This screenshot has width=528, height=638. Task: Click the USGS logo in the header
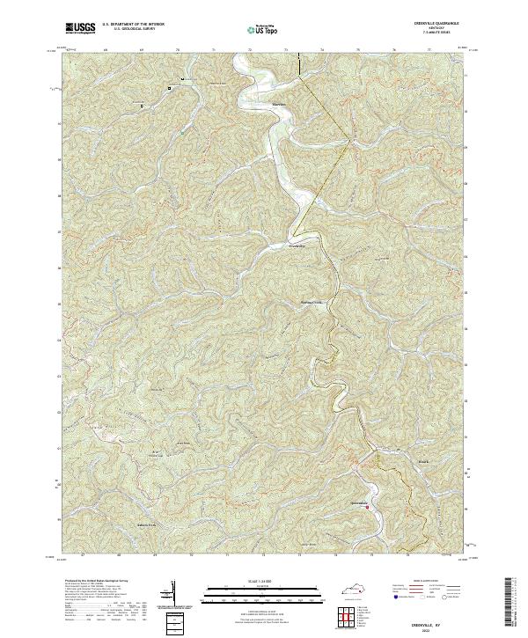click(x=77, y=29)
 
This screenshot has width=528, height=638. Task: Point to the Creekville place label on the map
click(x=299, y=246)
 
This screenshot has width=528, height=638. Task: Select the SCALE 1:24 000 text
click(x=261, y=582)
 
